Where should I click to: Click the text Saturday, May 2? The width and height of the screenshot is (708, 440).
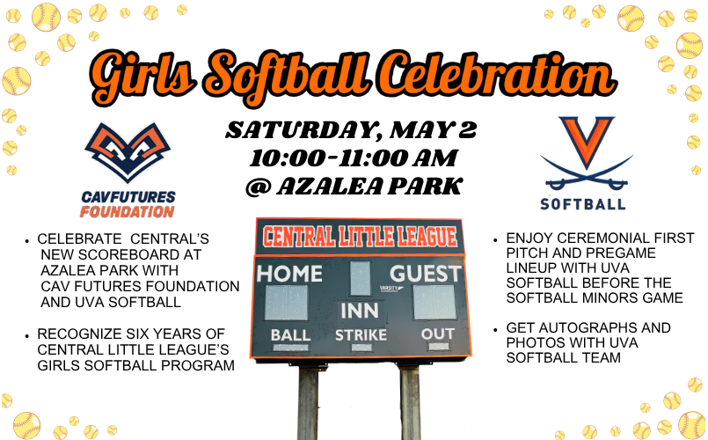pos(352,131)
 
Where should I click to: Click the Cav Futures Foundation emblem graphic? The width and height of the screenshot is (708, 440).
pos(128,155)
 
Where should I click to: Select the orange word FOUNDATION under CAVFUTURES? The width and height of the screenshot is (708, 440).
pos(127,212)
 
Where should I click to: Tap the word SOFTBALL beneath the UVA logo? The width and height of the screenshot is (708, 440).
pos(586,203)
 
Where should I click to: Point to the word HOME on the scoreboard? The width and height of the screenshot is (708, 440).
pos(289,274)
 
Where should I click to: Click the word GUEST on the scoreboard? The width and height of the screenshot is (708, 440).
pos(426,274)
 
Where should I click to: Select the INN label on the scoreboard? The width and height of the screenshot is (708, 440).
pos(360,312)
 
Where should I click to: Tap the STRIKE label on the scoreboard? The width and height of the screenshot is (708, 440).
pos(361,335)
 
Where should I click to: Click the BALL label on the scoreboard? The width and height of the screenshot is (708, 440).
pos(290,335)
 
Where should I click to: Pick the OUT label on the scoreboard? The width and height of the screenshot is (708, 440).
pos(437,334)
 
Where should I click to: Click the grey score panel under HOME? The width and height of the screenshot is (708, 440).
pos(287,303)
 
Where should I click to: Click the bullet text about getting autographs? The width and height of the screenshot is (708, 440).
pos(588,342)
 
